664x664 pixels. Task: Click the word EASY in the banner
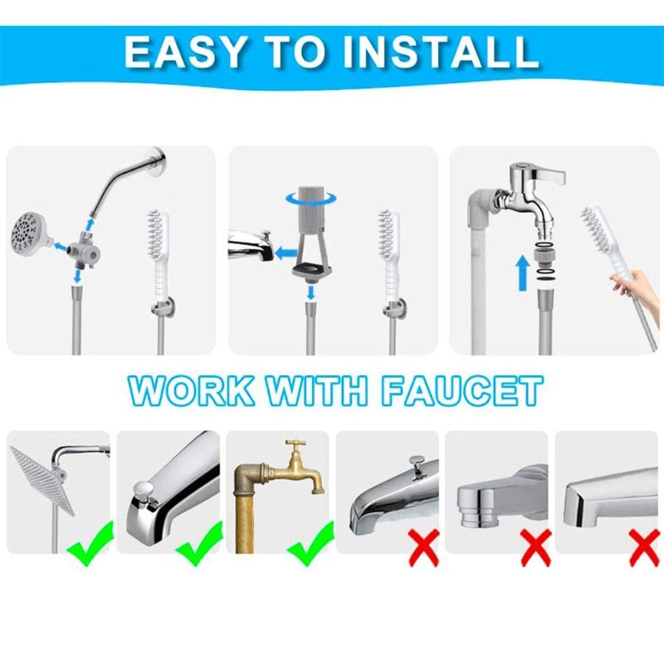click(x=185, y=52)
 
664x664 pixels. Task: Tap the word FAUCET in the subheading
click(x=463, y=392)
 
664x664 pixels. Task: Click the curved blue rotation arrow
click(x=311, y=199)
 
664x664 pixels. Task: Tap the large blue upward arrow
click(x=523, y=272)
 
